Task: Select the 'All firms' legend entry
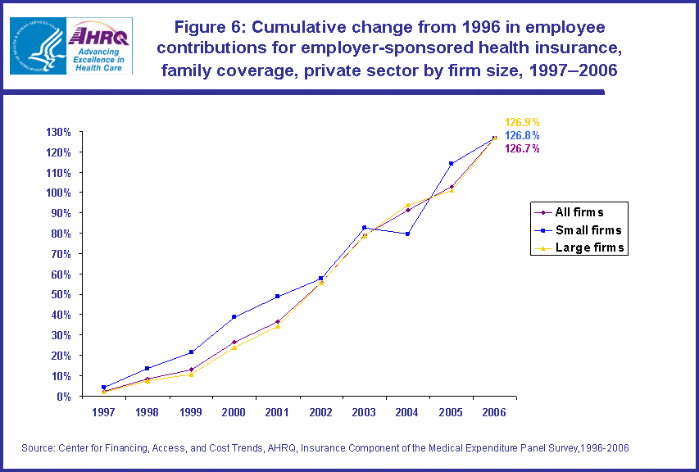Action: click(579, 212)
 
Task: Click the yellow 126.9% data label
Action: click(522, 122)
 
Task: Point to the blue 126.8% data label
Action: click(522, 135)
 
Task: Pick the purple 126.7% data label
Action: click(522, 148)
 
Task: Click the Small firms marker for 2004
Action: click(407, 234)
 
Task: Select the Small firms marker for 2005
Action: click(451, 163)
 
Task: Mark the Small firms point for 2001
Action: click(277, 296)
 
